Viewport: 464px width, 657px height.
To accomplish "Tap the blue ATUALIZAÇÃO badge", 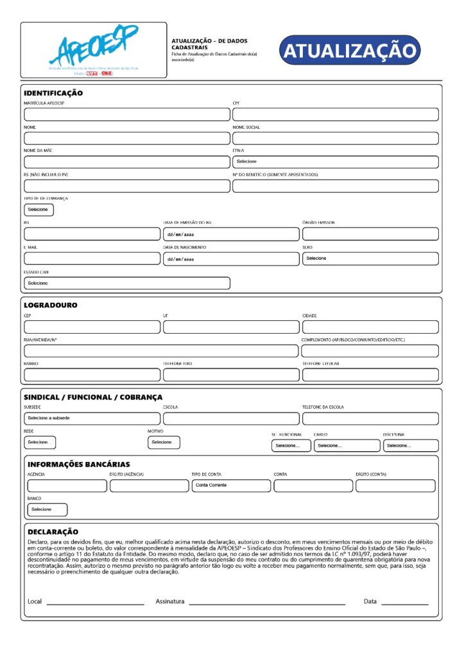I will pos(350,50).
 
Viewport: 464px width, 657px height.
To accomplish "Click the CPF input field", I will pos(335,115).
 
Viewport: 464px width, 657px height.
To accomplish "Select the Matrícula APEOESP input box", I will pos(126,115).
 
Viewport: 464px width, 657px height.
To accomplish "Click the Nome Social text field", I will pos(335,138).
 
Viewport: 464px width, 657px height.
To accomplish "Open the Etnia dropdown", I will pos(335,162).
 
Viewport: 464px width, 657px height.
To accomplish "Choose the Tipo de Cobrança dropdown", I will pos(39,210).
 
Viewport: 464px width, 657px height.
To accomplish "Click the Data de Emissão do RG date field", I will pos(230,234).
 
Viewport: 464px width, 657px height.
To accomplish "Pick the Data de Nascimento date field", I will pos(230,259).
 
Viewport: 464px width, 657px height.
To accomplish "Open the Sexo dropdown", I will pos(370,259).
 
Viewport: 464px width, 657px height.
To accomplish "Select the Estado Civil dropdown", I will pos(126,283).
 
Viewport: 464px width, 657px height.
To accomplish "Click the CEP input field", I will pos(92,327).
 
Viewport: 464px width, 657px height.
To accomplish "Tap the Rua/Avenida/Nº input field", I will pos(161,351).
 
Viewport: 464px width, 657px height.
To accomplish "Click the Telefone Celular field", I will pos(370,375).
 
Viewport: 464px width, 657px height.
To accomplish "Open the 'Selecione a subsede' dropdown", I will pos(92,418).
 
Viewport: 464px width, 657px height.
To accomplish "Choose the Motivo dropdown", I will pos(164,442).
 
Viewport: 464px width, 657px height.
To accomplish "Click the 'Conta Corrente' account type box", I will pos(230,486).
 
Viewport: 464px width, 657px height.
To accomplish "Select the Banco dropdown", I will pos(47,509).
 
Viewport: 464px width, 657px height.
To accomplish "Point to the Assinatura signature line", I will pos(266,603).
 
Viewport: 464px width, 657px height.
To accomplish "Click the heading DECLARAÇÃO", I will pos(53,532).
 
